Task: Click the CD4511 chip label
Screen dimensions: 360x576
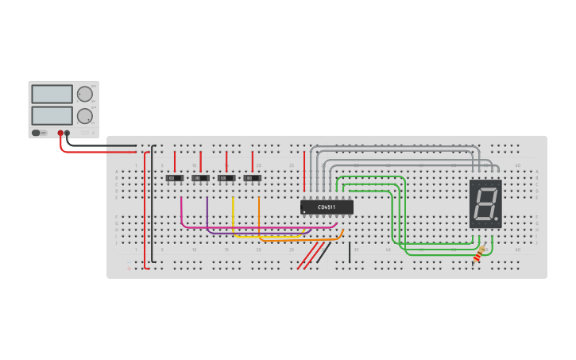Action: [x=327, y=207]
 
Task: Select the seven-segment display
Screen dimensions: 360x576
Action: [x=485, y=204]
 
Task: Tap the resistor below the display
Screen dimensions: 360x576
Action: [x=478, y=254]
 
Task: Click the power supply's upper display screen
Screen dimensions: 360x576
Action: [x=52, y=94]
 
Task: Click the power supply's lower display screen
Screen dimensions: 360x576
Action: [x=52, y=115]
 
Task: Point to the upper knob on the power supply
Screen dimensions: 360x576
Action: [x=85, y=94]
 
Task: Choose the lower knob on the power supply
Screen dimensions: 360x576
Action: [x=85, y=115]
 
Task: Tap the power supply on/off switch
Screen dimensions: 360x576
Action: [x=37, y=133]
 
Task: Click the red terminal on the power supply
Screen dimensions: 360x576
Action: [x=60, y=134]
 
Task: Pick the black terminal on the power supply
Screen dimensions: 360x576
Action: [x=68, y=134]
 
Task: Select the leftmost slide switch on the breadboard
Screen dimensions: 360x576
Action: [x=175, y=178]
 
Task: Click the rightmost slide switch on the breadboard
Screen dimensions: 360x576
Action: [x=253, y=178]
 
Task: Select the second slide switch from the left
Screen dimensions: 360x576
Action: [x=201, y=178]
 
